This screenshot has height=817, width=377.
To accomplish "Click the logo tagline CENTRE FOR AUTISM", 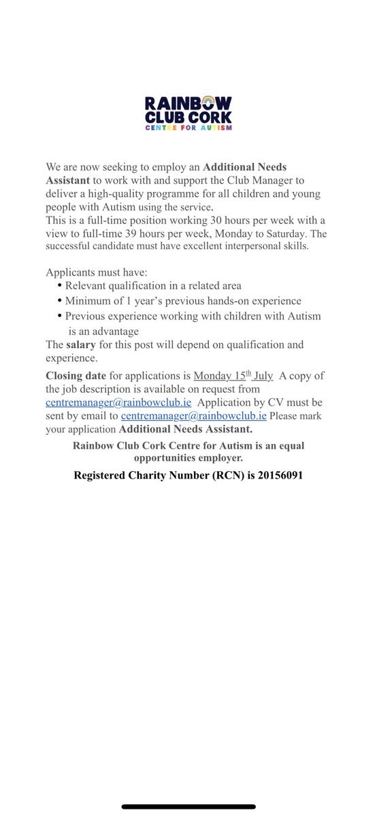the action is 188,127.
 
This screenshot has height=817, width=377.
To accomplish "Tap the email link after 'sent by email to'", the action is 193,415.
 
